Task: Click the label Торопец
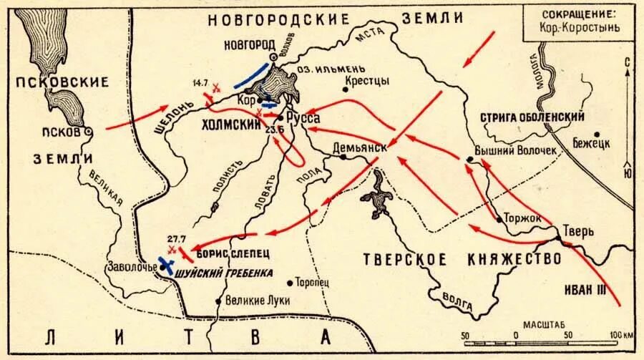click(311, 282)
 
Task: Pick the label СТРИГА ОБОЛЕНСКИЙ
click(534, 117)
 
